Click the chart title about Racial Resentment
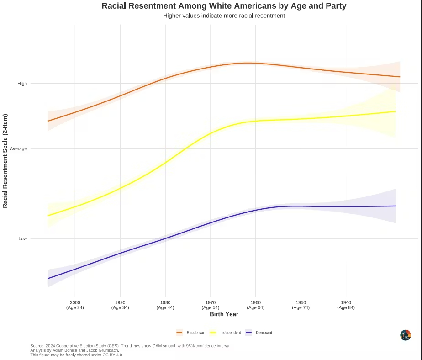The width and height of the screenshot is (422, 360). (224, 6)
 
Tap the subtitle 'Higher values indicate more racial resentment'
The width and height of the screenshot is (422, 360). (224, 16)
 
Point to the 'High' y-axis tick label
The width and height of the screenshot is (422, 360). (22, 84)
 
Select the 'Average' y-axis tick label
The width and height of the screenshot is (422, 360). (18, 148)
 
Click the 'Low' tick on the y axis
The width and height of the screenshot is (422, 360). (23, 238)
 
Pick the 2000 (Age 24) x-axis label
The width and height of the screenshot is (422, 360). (75, 305)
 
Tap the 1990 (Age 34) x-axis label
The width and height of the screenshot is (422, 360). (120, 305)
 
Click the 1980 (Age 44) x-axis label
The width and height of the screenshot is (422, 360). (165, 305)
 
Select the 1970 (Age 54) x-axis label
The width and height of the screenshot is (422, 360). (210, 305)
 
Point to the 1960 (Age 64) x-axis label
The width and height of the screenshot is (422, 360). (255, 305)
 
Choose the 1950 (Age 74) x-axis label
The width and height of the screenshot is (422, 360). (301, 305)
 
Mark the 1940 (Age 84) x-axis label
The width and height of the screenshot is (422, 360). (346, 305)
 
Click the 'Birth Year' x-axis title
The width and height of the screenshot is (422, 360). (224, 314)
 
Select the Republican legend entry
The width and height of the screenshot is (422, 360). (191, 333)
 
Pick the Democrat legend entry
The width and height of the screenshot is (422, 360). (259, 333)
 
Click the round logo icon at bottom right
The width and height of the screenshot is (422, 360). (406, 335)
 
